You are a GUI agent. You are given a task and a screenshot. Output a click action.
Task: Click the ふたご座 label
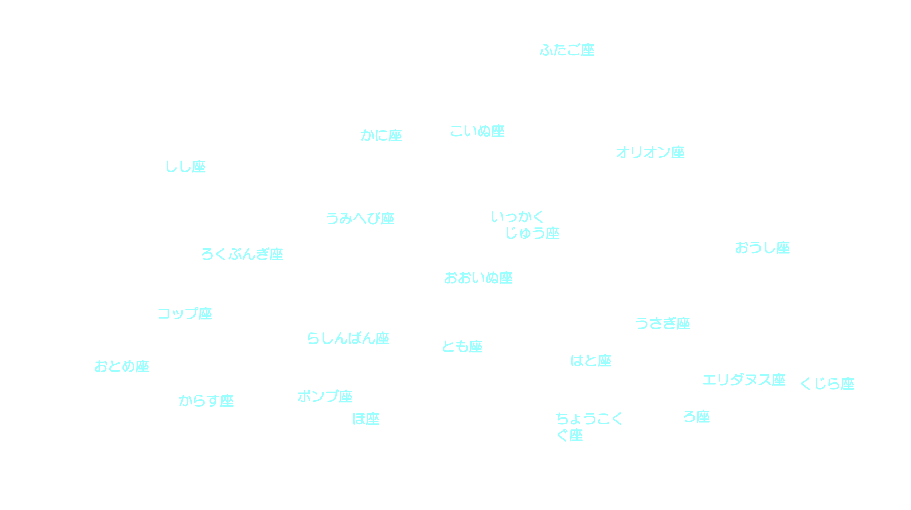(x=567, y=50)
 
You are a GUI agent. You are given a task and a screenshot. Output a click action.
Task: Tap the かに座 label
(x=381, y=136)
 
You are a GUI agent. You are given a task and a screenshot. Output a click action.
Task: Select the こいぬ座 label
(x=477, y=131)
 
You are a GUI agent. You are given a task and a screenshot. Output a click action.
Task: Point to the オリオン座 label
(x=650, y=152)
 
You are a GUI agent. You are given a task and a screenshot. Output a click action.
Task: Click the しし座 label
(x=185, y=167)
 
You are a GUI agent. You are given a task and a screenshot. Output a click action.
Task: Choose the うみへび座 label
(x=360, y=219)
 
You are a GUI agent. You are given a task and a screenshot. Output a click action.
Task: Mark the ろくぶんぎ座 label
(x=242, y=254)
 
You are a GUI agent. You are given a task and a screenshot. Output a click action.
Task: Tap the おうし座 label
(x=762, y=248)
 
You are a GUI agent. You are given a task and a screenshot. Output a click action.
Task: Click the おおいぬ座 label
(x=478, y=278)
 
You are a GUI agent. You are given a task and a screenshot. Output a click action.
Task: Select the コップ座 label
(x=184, y=314)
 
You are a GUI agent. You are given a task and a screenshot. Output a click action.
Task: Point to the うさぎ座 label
(x=662, y=323)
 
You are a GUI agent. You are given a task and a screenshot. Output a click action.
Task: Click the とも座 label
(x=462, y=346)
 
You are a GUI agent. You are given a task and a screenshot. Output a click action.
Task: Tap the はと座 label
(x=591, y=361)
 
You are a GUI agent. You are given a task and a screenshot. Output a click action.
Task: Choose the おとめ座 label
(x=122, y=366)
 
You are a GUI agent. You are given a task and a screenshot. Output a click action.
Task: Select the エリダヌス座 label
(x=743, y=380)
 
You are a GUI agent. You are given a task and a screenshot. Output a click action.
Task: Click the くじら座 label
(x=827, y=384)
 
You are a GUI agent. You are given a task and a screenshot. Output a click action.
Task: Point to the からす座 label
(x=206, y=401)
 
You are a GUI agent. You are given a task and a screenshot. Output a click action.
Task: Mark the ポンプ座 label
(x=325, y=396)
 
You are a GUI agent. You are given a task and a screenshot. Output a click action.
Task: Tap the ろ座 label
(x=696, y=417)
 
